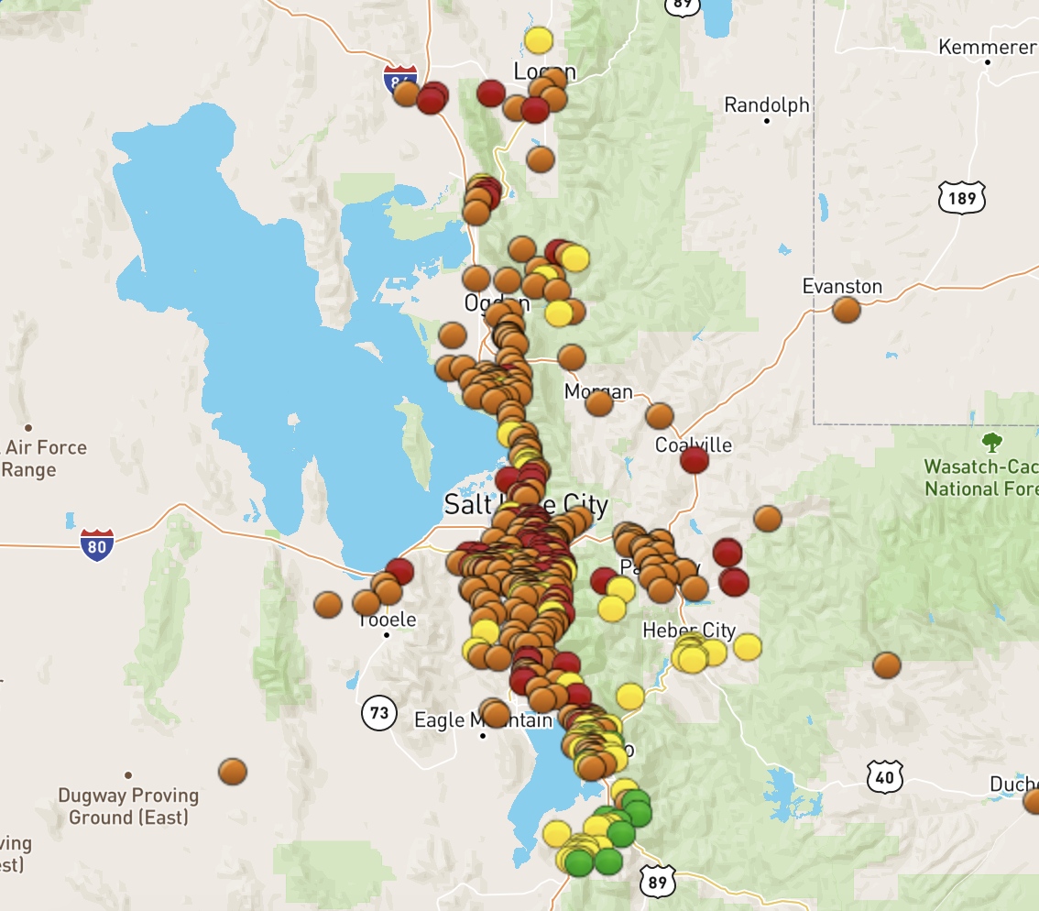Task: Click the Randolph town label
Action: (x=766, y=105)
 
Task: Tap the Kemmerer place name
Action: (x=987, y=47)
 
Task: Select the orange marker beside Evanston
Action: (x=847, y=310)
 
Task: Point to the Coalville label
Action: (x=694, y=445)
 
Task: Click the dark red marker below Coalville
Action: (x=694, y=460)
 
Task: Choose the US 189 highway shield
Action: (x=961, y=196)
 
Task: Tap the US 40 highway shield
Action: (x=884, y=778)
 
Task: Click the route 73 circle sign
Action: (x=378, y=712)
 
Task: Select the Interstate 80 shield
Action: (x=96, y=544)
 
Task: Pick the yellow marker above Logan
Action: (x=539, y=40)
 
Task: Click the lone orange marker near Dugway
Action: (x=233, y=772)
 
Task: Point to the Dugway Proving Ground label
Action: (x=128, y=806)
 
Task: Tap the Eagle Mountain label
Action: (x=483, y=720)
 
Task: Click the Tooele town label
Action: (x=387, y=620)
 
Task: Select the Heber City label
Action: (x=689, y=631)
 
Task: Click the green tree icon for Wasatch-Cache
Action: (x=991, y=444)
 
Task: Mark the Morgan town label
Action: (x=597, y=392)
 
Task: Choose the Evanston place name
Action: (x=842, y=287)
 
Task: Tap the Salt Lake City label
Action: (x=525, y=505)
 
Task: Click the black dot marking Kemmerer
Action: (x=988, y=63)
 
